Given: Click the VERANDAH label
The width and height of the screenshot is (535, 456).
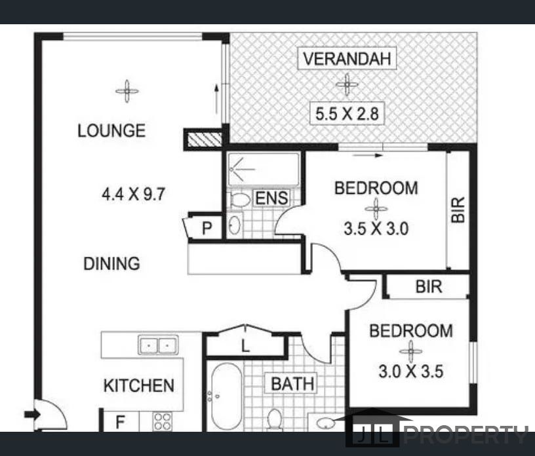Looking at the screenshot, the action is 347,58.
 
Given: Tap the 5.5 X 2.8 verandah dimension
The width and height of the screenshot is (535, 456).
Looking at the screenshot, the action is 347,113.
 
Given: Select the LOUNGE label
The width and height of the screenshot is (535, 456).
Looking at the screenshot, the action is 111,130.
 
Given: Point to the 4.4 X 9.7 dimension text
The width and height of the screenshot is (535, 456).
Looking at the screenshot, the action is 133,195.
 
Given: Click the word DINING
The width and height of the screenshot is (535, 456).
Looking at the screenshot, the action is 111,263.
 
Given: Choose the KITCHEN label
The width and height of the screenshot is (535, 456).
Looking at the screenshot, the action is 138,386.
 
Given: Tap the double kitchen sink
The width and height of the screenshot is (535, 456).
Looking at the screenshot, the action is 158,345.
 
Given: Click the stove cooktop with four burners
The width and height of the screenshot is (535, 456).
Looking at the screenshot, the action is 162,421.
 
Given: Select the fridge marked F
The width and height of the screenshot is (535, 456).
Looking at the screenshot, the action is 121,421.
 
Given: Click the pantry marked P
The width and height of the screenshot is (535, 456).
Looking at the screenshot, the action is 207,227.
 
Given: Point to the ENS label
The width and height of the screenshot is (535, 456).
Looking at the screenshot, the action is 271,199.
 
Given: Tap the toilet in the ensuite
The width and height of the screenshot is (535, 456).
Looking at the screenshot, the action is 240,200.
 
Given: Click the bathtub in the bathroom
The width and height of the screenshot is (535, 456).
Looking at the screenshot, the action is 226,396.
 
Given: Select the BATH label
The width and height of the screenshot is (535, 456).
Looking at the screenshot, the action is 292,384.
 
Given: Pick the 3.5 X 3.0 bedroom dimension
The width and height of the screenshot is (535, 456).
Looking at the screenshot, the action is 376,229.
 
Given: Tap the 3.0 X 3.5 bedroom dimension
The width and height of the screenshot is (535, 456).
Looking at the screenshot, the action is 411,371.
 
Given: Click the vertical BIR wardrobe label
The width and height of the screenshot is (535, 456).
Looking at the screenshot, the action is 458,210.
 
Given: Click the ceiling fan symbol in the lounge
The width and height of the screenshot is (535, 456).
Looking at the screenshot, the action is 127,91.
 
